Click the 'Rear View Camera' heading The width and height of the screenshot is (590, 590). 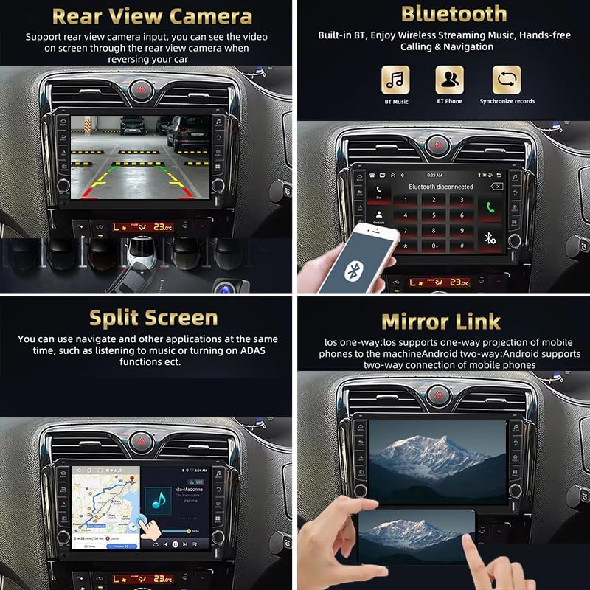(x=153, y=15)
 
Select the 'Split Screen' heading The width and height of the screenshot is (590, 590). (x=153, y=318)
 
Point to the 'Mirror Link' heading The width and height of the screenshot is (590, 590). (x=440, y=322)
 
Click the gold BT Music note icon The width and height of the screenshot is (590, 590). (x=395, y=80)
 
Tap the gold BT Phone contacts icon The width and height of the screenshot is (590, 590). (x=449, y=80)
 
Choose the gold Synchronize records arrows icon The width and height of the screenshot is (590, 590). (x=507, y=80)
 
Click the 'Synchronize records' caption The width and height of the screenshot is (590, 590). (x=507, y=101)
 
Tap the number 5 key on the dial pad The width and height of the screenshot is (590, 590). (x=431, y=215)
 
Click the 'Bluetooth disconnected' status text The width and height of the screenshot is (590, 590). (x=440, y=187)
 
